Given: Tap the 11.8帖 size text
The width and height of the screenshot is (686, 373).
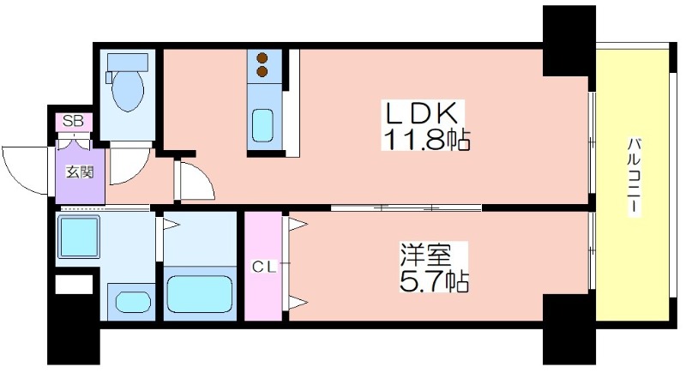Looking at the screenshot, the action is tap(426, 139).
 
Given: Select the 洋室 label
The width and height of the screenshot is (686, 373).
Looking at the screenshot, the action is tap(424, 255).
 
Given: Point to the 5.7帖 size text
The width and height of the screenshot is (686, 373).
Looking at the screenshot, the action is tap(434, 280).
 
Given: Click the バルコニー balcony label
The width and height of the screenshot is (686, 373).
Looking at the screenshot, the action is tap(634, 177).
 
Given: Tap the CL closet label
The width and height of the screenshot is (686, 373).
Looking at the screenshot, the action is tap(265, 268).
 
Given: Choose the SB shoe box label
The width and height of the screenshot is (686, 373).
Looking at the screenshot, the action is tap(73, 121).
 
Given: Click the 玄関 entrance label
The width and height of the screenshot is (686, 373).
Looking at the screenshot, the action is tap(79, 172).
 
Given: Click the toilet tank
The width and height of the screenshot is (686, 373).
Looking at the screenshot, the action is tap(128, 62).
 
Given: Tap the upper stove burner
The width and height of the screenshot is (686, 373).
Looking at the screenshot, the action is tap(262, 57).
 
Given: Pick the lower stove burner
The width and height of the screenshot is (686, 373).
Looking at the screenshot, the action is tap(262, 71).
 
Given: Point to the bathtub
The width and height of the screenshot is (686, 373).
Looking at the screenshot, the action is tap(200, 294).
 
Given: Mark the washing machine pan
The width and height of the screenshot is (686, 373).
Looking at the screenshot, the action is tap(79, 237).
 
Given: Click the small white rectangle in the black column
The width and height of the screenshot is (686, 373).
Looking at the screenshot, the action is tap(74, 284).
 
